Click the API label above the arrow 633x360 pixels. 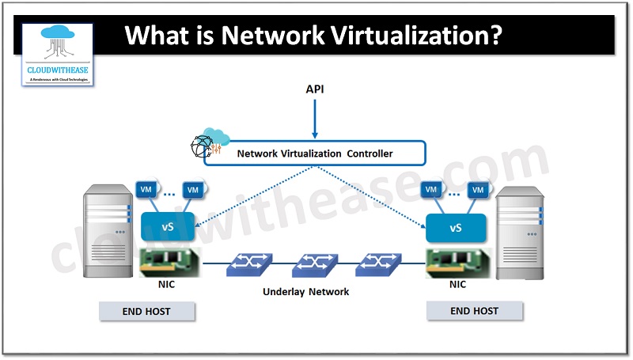315,89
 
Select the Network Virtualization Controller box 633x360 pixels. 315,153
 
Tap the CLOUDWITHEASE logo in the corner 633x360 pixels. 57,54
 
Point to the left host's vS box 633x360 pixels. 168,228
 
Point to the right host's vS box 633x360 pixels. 455,228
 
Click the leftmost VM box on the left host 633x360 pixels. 146,190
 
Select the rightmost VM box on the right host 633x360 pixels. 477,190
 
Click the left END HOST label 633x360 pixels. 146,311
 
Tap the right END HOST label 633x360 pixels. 473,311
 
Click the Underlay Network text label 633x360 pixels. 305,292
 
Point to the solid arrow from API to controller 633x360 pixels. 315,119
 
